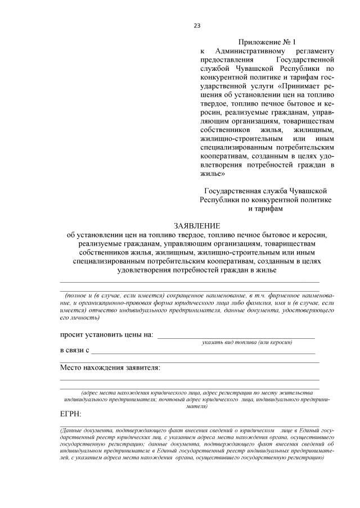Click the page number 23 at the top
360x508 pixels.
coord(197,25)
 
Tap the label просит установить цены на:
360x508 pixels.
coord(106,335)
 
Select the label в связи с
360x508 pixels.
coord(75,351)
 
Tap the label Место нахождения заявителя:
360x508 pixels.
coord(110,368)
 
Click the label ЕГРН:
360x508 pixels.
coord(71,414)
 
